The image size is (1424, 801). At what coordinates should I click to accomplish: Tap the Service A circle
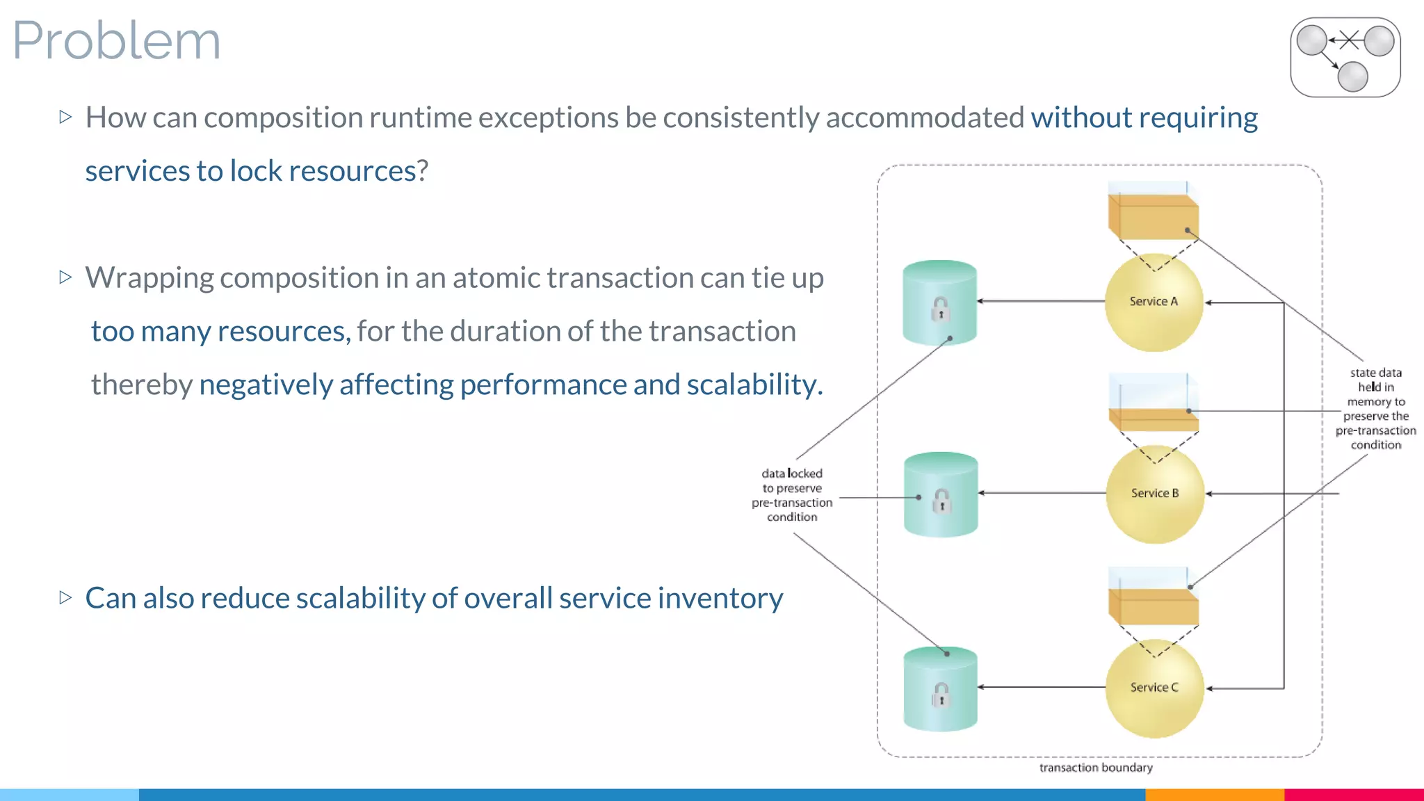pyautogui.click(x=1154, y=302)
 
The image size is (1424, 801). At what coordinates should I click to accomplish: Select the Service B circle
pyautogui.click(x=1155, y=494)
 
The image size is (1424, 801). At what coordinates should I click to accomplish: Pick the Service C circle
pyautogui.click(x=1154, y=688)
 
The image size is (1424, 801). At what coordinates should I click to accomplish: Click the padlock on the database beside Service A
pyautogui.click(x=940, y=309)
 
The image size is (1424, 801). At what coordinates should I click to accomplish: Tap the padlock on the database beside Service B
pyautogui.click(x=941, y=500)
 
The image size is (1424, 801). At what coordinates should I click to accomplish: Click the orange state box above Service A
pyautogui.click(x=1153, y=217)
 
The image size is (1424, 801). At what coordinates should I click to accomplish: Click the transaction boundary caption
pyautogui.click(x=1096, y=768)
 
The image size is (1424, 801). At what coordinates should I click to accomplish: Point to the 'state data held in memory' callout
pyautogui.click(x=1375, y=409)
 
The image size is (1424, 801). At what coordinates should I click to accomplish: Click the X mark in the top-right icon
pyautogui.click(x=1349, y=40)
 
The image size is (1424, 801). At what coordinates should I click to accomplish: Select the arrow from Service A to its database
pyautogui.click(x=1041, y=301)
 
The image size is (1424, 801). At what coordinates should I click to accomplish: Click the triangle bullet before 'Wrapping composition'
pyautogui.click(x=66, y=277)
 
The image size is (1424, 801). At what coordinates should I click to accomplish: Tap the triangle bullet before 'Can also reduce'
pyautogui.click(x=66, y=597)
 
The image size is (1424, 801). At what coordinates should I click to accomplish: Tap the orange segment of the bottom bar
pyautogui.click(x=1214, y=794)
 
